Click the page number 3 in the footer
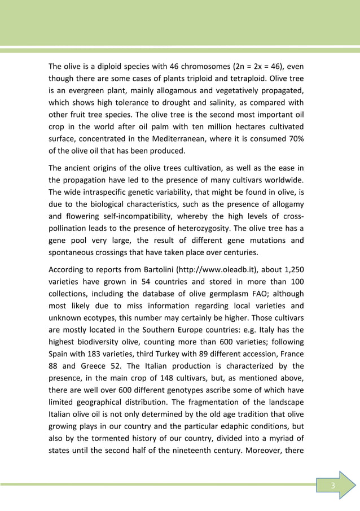pyautogui.click(x=333, y=486)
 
